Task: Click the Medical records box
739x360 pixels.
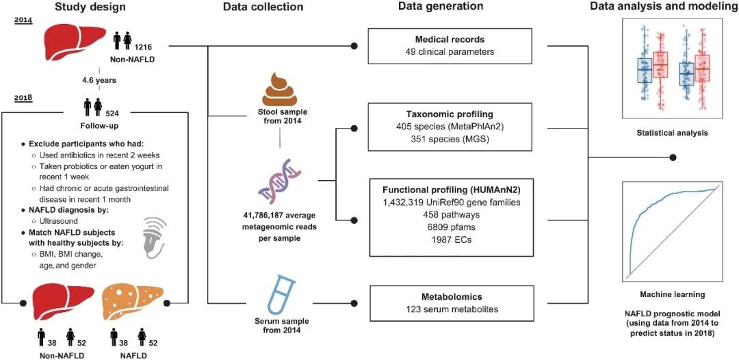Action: coord(456,46)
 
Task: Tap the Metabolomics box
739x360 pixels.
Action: coord(456,303)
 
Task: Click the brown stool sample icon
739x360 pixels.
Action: coord(280,90)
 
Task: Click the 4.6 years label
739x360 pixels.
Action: coord(99,79)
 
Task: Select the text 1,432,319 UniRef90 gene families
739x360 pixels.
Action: coord(456,203)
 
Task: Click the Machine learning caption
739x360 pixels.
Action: coord(672,294)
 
